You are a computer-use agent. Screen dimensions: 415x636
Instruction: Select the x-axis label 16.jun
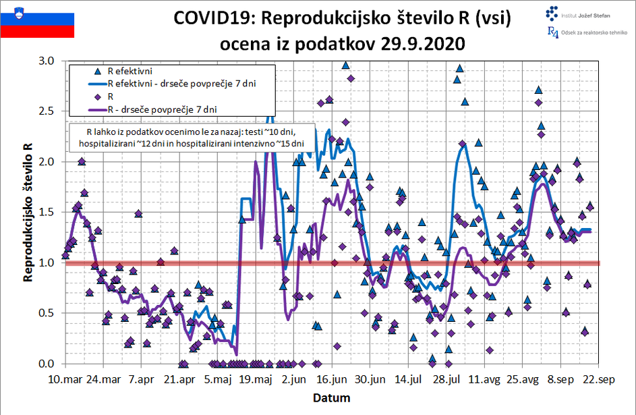331,379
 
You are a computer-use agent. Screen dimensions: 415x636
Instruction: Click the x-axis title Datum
332,397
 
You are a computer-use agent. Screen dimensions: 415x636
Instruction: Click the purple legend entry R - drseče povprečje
161,109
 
